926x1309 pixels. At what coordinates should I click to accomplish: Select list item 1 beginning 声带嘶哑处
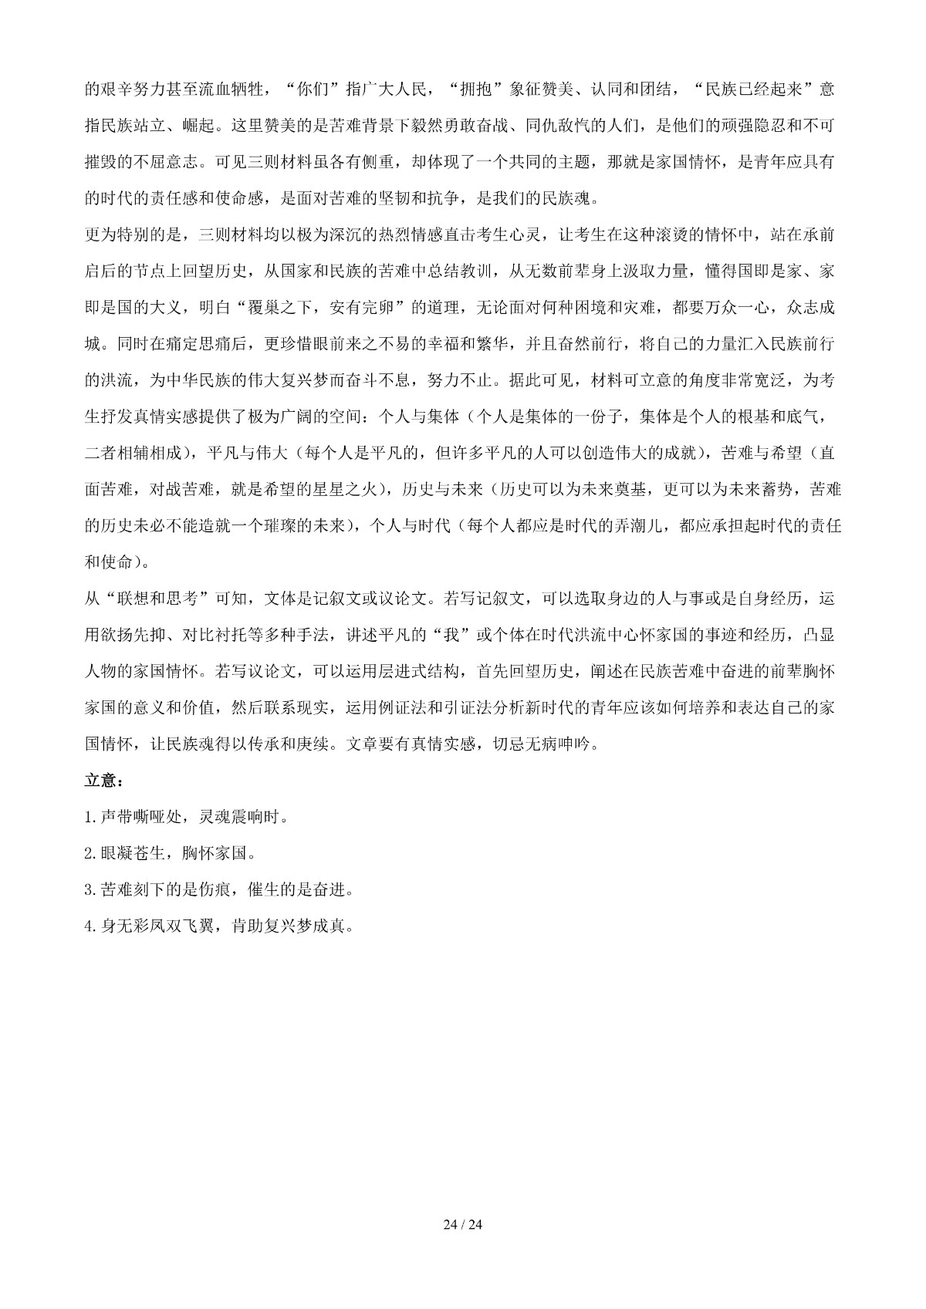(188, 817)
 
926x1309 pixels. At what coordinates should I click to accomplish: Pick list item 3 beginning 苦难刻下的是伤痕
(220, 889)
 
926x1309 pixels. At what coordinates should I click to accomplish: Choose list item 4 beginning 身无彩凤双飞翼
(220, 926)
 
